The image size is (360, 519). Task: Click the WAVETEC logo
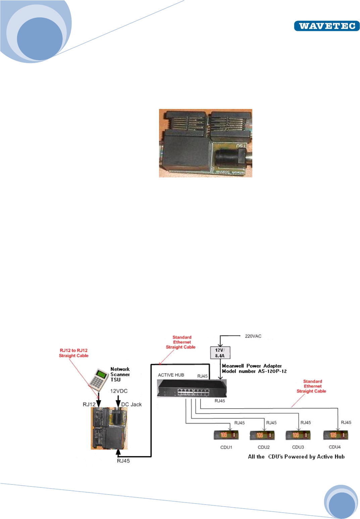pos(326,26)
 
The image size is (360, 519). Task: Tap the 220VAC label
pos(253,336)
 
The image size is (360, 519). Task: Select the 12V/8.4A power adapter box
pos(220,353)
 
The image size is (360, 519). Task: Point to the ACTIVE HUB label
pos(171,375)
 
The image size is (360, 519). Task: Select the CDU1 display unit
pos(226,435)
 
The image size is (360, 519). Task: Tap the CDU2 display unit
pos(262,435)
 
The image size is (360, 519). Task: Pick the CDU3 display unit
pos(298,435)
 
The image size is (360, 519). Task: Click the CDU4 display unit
pos(336,435)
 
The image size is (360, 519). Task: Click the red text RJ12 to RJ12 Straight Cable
pos(73,353)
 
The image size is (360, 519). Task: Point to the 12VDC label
pos(119,391)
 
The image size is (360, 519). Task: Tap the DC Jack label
pos(131,405)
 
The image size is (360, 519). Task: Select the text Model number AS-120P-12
pos(254,371)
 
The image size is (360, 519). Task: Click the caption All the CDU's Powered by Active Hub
pos(296,457)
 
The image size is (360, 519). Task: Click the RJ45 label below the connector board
pos(123,461)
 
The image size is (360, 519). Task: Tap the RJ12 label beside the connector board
pos(89,405)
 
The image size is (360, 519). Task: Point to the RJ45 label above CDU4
pos(346,422)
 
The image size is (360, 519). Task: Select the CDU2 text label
pos(263,447)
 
